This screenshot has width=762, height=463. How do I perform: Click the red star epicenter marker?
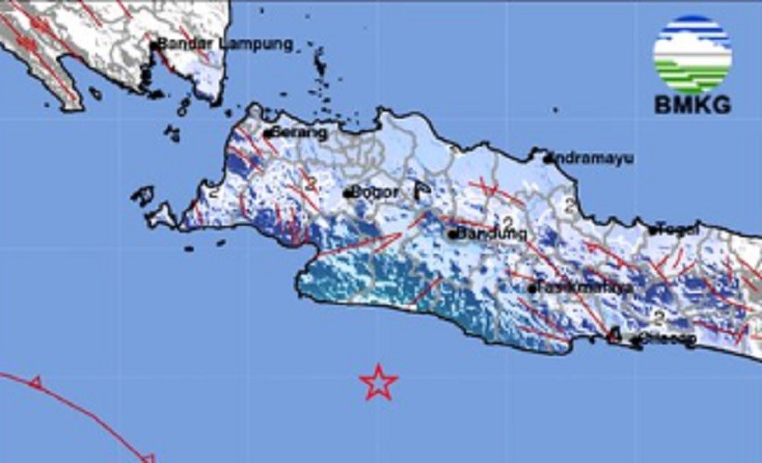(x=379, y=382)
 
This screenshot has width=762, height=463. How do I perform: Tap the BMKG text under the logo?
(x=692, y=105)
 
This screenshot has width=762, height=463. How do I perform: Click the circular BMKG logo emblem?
(x=692, y=53)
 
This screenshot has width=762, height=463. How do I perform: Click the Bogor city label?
(x=376, y=192)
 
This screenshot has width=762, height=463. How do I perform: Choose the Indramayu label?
(x=592, y=158)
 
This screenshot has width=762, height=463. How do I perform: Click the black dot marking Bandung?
(x=451, y=233)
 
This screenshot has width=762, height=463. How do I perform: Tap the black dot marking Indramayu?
(x=547, y=157)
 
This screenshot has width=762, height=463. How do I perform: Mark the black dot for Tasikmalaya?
(x=531, y=287)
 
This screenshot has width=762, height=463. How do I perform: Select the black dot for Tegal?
(x=653, y=231)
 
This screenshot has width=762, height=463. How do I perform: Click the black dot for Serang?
(x=268, y=132)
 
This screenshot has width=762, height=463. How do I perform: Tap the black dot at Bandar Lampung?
(x=152, y=43)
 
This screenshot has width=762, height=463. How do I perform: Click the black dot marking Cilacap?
(x=636, y=340)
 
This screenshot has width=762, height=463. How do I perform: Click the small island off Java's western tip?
(x=143, y=196)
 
